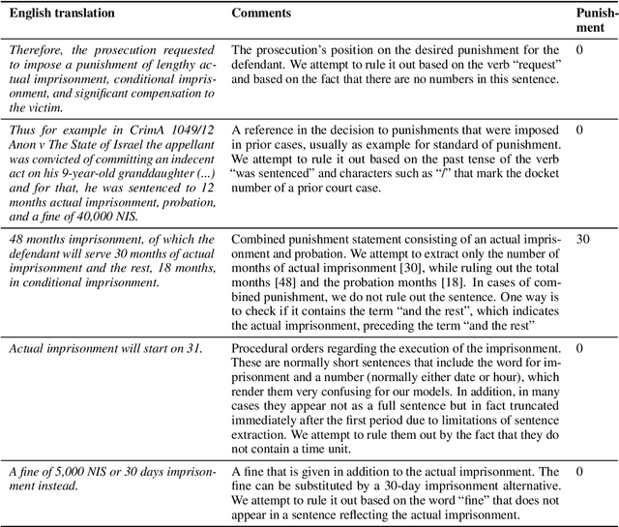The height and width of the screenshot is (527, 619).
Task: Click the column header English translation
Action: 57,15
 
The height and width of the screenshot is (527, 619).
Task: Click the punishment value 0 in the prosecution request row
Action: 578,50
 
